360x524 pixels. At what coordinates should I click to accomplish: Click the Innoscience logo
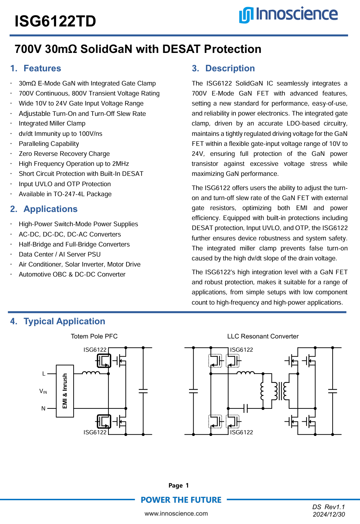(288, 15)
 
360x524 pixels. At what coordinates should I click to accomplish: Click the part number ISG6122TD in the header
(55, 21)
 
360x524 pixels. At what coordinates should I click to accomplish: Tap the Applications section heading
(44, 209)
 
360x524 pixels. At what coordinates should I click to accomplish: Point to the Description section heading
(223, 68)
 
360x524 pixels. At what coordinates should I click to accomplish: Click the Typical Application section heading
(58, 321)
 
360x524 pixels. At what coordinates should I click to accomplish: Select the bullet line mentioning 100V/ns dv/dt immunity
(60, 134)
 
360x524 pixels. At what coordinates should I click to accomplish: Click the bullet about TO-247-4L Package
(65, 194)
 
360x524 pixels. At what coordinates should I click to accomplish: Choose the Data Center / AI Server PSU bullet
(60, 254)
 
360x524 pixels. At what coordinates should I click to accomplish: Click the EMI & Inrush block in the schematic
(65, 391)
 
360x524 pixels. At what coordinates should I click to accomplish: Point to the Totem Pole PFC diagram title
(94, 336)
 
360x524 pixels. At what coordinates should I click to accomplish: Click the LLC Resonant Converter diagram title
(263, 336)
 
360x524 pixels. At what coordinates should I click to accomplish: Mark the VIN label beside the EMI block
(43, 391)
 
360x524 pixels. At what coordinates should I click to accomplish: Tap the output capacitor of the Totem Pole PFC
(143, 391)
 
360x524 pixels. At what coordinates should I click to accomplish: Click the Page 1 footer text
(178, 485)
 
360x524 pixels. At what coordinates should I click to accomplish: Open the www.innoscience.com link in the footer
(176, 513)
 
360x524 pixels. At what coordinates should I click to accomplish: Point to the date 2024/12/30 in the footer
(329, 514)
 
